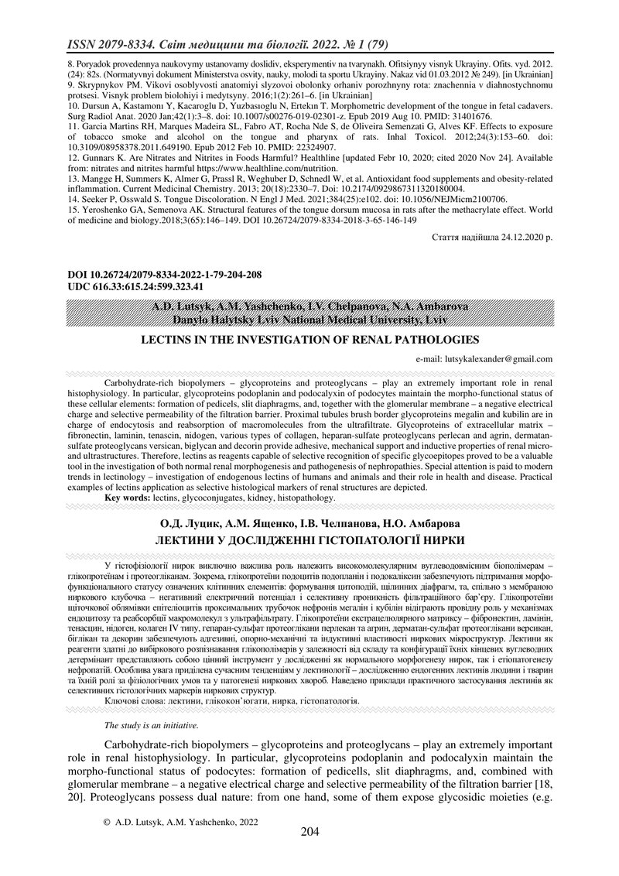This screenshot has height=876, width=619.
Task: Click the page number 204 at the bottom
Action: (309, 832)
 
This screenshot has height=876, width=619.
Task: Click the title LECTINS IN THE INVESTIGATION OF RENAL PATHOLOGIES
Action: (309, 339)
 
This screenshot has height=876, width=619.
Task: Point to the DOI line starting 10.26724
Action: (154, 274)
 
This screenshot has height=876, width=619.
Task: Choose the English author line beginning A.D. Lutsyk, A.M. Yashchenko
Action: (309, 307)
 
